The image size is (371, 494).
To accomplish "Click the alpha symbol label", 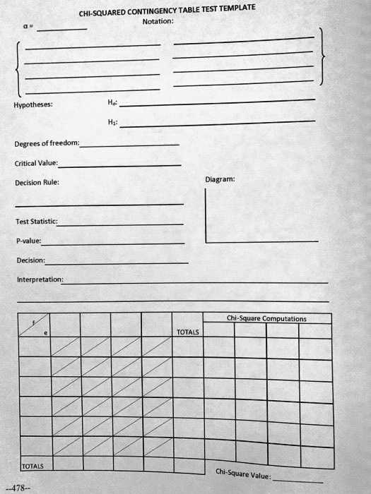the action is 26,30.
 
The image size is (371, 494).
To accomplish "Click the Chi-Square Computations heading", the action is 266,318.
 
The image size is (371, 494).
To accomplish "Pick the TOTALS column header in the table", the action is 188,332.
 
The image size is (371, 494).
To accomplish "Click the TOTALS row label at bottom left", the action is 33,466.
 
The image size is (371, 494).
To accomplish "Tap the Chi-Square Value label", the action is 242,474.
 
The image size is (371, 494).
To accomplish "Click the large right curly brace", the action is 322,57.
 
